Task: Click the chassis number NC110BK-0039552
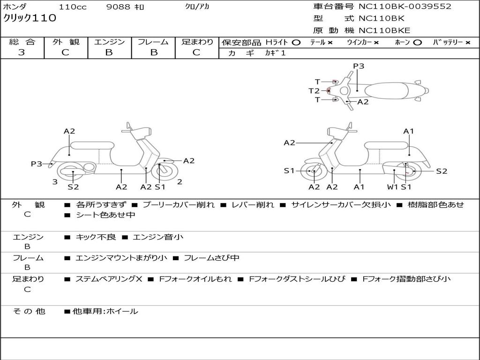(405, 7)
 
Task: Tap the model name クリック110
(30, 18)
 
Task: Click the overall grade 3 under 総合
(22, 52)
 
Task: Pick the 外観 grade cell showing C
(66, 52)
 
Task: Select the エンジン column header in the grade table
(109, 42)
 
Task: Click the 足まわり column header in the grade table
(197, 42)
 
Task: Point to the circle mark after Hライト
(296, 42)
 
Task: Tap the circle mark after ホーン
(417, 42)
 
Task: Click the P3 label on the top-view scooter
(359, 66)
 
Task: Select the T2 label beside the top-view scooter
(314, 91)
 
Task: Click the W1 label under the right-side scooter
(392, 187)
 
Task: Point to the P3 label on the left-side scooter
(37, 164)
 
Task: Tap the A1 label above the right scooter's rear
(409, 131)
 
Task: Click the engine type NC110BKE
(384, 30)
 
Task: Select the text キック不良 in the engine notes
(96, 237)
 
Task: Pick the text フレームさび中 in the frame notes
(211, 258)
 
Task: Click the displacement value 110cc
(72, 7)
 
